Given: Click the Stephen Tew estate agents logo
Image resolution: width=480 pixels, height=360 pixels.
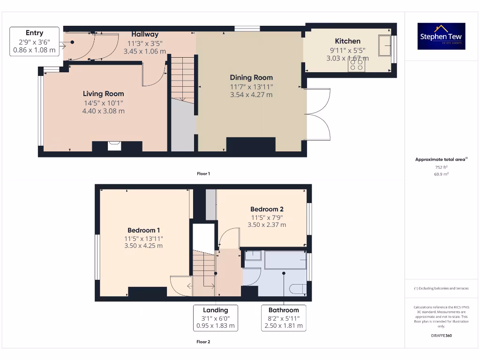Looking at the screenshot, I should click(441, 36).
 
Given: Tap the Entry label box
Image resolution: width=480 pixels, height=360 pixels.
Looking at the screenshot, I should click(34, 41).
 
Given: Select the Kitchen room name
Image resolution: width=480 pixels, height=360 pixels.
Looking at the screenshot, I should click(347, 41).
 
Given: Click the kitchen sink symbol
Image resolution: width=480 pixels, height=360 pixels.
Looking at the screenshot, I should click(385, 45).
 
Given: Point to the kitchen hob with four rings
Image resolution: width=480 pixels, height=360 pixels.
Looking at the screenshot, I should click(356, 65).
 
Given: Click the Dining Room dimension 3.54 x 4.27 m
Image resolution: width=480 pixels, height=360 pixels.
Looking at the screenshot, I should click(251, 95).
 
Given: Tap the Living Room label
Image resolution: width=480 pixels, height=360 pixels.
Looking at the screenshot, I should click(104, 94).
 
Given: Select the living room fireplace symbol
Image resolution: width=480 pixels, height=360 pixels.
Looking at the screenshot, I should click(114, 146).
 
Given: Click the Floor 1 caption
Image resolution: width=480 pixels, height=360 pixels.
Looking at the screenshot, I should click(203, 173).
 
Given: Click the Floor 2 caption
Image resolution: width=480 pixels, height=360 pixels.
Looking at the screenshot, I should click(203, 342).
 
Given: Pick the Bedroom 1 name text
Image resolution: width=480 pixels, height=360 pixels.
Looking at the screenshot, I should click(143, 230).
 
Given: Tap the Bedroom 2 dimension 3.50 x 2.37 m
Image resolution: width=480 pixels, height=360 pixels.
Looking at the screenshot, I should click(266, 225).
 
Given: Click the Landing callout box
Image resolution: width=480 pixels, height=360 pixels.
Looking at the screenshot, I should click(216, 317).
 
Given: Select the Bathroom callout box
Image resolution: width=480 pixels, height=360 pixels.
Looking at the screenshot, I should click(284, 317).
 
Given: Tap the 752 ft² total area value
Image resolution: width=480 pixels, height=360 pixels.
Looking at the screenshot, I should click(441, 167).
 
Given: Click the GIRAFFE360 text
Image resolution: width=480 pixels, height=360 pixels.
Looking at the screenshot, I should click(441, 336).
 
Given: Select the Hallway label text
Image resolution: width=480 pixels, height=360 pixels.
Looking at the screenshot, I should click(145, 34).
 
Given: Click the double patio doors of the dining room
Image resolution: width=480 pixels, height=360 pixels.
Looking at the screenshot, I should click(318, 113).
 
